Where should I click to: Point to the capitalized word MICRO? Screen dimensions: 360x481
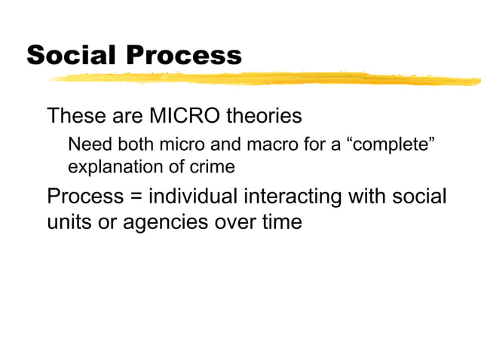pos(181,117)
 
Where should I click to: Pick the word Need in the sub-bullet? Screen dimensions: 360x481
pos(85,145)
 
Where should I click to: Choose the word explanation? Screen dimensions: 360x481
pos(113,166)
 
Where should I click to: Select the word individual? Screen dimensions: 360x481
pos(192,197)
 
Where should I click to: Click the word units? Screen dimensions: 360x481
pos(69,223)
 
